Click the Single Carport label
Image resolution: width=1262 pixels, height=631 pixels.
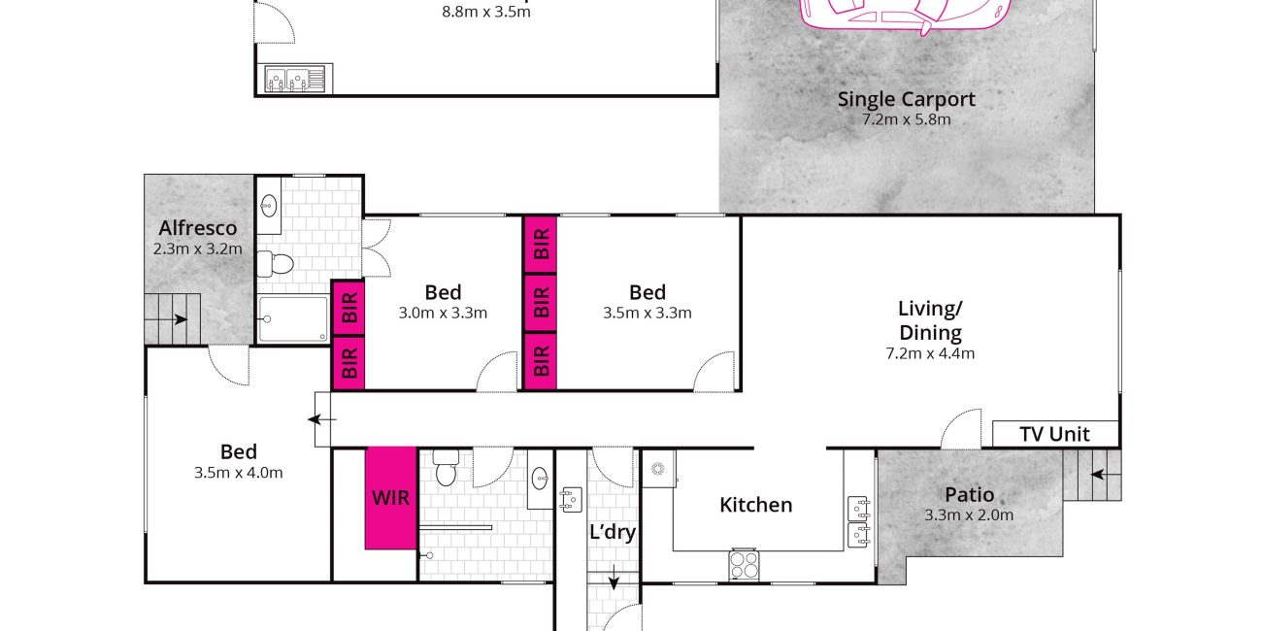[906, 99]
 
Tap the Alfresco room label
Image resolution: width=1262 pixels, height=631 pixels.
[197, 228]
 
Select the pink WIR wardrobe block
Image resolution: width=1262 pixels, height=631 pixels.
[391, 498]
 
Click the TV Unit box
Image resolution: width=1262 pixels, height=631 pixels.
[1054, 434]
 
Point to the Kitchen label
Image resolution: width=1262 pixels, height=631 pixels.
[755, 505]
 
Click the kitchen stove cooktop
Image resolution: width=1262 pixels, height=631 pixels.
[744, 565]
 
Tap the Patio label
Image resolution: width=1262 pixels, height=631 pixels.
[969, 495]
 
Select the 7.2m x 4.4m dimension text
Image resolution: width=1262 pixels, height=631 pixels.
[930, 353]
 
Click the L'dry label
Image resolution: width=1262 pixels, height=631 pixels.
[613, 532]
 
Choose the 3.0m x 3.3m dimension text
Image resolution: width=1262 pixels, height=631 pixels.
[443, 313]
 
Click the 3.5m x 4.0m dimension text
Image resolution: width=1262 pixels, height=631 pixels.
[238, 473]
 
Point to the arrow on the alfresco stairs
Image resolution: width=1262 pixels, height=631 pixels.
[173, 319]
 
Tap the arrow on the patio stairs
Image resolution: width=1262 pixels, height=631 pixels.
[1106, 475]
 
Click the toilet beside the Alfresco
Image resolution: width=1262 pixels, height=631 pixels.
[276, 264]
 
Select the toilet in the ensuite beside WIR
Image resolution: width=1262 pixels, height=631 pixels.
[446, 467]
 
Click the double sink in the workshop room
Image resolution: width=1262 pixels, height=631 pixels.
[296, 79]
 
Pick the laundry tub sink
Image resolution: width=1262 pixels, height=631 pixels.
[571, 500]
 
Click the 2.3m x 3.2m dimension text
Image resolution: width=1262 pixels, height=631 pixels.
[197, 249]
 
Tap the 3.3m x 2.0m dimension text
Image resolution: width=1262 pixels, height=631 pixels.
[969, 515]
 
